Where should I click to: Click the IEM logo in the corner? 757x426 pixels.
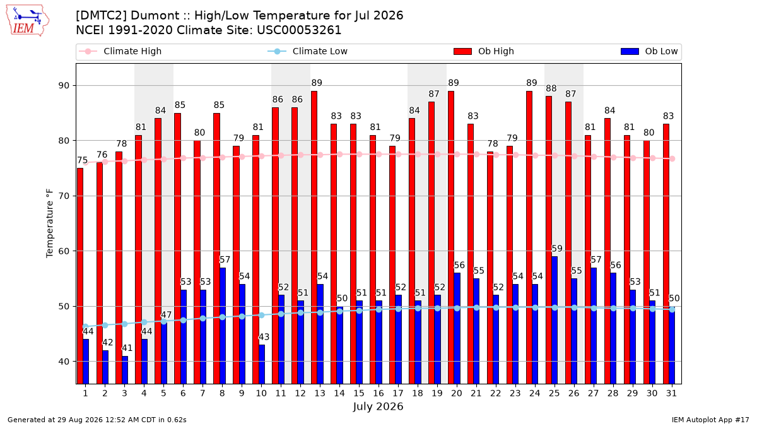coord(28,21)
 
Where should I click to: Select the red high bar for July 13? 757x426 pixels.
coord(314,237)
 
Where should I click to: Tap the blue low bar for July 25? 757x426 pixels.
coord(555,320)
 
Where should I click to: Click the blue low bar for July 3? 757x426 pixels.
coord(125,370)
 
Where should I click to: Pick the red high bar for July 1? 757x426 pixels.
coord(79,276)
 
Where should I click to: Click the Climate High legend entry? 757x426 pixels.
coord(120,51)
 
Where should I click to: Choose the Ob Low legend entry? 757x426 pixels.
coord(649,51)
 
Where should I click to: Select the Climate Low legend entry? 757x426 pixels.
coord(308,51)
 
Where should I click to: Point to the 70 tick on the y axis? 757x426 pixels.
coord(64,196)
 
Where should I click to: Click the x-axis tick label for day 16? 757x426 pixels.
coord(378,393)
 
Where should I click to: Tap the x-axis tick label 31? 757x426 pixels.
coord(671,393)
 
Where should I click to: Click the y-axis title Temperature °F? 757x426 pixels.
coord(50,223)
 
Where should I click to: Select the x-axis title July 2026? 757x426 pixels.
coord(378,406)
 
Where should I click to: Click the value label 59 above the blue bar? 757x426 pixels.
coord(557,249)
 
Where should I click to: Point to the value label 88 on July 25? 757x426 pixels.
coord(551,88)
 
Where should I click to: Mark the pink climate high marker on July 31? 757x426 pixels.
coord(672,158)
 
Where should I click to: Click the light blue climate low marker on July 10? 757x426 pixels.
coord(261,315)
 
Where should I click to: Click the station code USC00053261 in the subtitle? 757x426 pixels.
coord(299,30)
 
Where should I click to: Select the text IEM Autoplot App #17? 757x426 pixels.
coord(710,420)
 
